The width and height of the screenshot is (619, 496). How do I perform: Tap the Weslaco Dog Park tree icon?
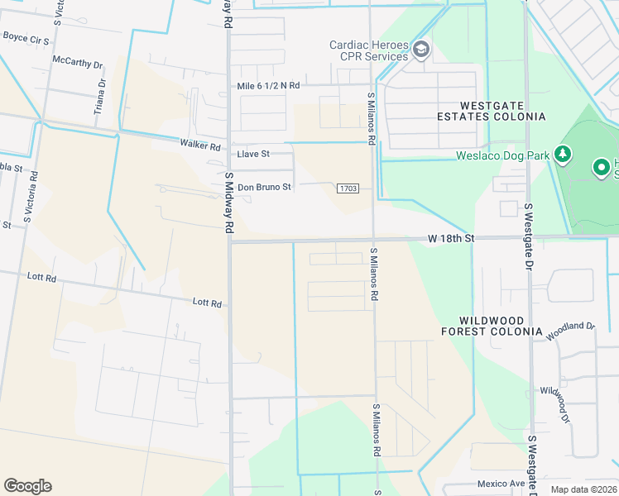563,154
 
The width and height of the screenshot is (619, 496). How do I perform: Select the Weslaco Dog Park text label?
504,155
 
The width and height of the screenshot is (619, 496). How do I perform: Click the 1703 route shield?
348,188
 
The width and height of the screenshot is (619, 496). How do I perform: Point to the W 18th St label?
451,238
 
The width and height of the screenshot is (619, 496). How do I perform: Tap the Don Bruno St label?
264,187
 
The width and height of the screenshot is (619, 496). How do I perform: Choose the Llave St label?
253,154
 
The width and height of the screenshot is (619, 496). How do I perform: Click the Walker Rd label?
200,146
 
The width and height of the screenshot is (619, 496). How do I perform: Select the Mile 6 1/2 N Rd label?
268,85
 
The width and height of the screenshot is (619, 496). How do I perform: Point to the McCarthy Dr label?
77,62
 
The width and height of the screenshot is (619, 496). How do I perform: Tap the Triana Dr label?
102,96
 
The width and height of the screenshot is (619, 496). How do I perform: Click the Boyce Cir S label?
26,37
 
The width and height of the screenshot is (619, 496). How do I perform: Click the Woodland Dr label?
570,327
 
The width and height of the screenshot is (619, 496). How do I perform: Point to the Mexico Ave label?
501,484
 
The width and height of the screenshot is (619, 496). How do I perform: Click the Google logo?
27,486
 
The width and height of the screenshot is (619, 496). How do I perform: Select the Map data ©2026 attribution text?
583,489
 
